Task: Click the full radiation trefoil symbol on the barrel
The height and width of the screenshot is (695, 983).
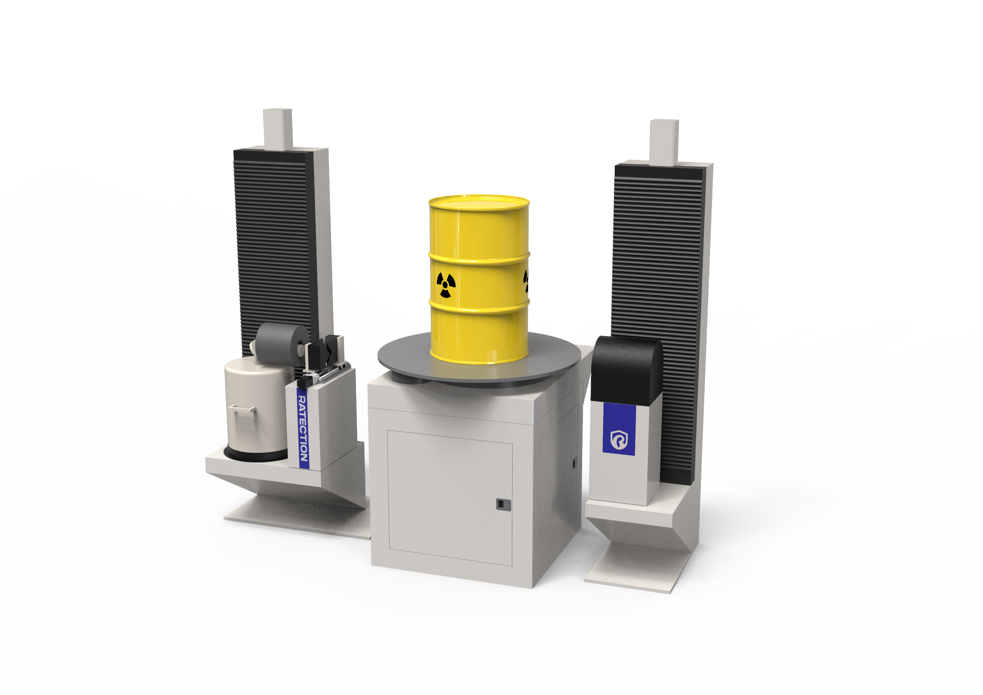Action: point(446,285)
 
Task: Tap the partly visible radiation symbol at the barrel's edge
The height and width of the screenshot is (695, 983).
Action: point(526,281)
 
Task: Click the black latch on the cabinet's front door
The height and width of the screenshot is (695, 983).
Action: point(503,504)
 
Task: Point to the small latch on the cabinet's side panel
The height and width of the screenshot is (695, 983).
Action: point(574,463)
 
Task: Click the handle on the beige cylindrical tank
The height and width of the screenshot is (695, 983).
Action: point(242,408)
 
